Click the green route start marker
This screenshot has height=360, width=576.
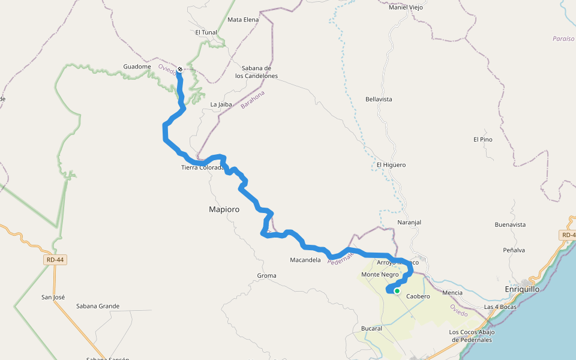click(x=397, y=291)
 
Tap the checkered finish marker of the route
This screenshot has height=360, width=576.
click(x=179, y=69)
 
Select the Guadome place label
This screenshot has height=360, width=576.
click(x=137, y=67)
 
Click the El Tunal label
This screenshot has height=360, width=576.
click(x=206, y=32)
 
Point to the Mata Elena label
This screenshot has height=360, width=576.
click(x=243, y=20)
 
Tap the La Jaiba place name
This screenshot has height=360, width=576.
click(x=221, y=104)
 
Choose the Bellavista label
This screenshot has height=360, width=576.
click(x=379, y=99)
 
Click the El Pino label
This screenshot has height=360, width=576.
click(x=482, y=140)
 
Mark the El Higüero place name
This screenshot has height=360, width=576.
click(x=391, y=165)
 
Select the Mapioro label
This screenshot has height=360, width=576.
click(x=224, y=210)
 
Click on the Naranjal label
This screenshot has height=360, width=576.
click(x=409, y=223)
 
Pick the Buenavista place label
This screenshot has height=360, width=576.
click(x=510, y=225)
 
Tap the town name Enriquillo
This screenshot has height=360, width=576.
click(x=522, y=289)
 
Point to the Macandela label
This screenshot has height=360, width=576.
click(x=305, y=260)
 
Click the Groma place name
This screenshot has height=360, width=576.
click(x=266, y=276)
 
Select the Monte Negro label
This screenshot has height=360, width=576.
click(x=380, y=275)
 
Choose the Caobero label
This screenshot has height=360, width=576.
click(x=418, y=296)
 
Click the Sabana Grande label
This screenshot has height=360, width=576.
click(x=98, y=306)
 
